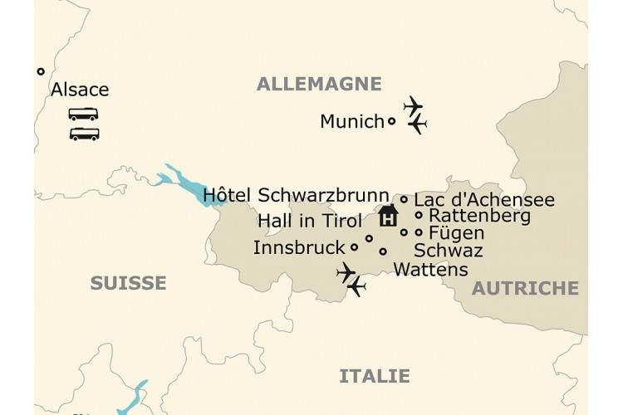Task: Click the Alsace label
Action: (x=80, y=90)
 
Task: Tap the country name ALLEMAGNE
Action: (x=319, y=84)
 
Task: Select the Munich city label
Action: (x=351, y=122)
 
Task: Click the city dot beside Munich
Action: (x=392, y=121)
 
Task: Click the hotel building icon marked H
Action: (x=388, y=217)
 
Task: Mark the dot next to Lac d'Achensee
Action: (x=404, y=199)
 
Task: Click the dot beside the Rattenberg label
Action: (x=419, y=216)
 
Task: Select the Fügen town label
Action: (x=456, y=233)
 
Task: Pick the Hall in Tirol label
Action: (x=310, y=221)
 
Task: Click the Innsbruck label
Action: (x=298, y=247)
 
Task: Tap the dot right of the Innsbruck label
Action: (x=355, y=247)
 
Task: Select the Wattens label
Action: (x=430, y=270)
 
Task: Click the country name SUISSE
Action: (x=128, y=284)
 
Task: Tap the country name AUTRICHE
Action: (x=525, y=288)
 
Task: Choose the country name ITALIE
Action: (x=374, y=377)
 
